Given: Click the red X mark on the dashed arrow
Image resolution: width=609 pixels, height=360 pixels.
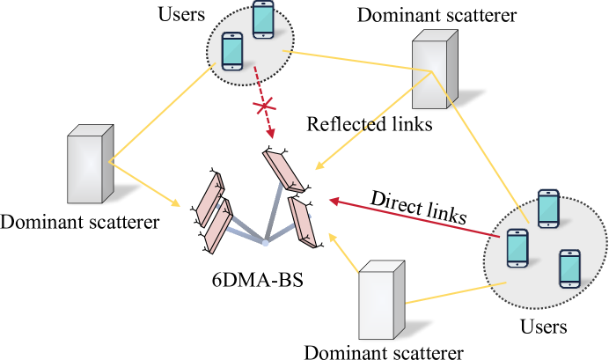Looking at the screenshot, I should [264, 107].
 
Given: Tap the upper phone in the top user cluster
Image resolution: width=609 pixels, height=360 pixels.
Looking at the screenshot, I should [263, 19].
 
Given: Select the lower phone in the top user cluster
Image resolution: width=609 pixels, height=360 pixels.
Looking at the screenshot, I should [232, 51].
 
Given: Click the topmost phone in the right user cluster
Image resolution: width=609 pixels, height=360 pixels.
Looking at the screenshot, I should [548, 209].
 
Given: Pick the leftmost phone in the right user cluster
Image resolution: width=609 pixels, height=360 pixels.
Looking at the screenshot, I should [517, 248].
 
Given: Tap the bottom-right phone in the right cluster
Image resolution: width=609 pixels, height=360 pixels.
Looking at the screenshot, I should [569, 268].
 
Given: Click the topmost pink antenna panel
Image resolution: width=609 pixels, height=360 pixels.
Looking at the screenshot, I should [283, 171].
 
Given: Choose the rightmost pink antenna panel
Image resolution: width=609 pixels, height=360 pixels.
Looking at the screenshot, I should [302, 222].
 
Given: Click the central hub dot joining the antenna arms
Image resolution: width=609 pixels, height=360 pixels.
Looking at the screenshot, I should [265, 242].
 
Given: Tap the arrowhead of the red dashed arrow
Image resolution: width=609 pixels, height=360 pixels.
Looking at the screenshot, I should [271, 134].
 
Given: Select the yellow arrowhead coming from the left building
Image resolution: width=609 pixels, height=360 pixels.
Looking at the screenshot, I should [176, 204].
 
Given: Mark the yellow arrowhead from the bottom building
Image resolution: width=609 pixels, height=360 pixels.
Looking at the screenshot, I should [333, 236].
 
